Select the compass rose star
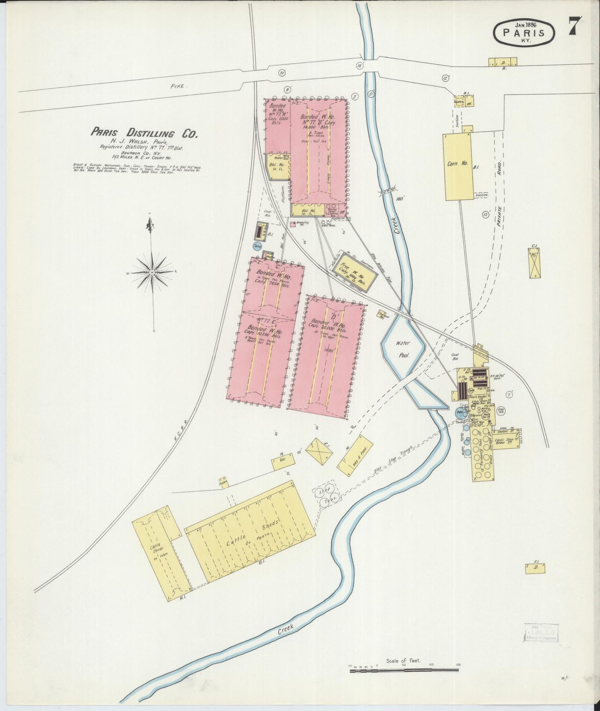point(152,272)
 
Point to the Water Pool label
point(403,347)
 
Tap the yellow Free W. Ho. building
point(354,270)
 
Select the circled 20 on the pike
point(282,73)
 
